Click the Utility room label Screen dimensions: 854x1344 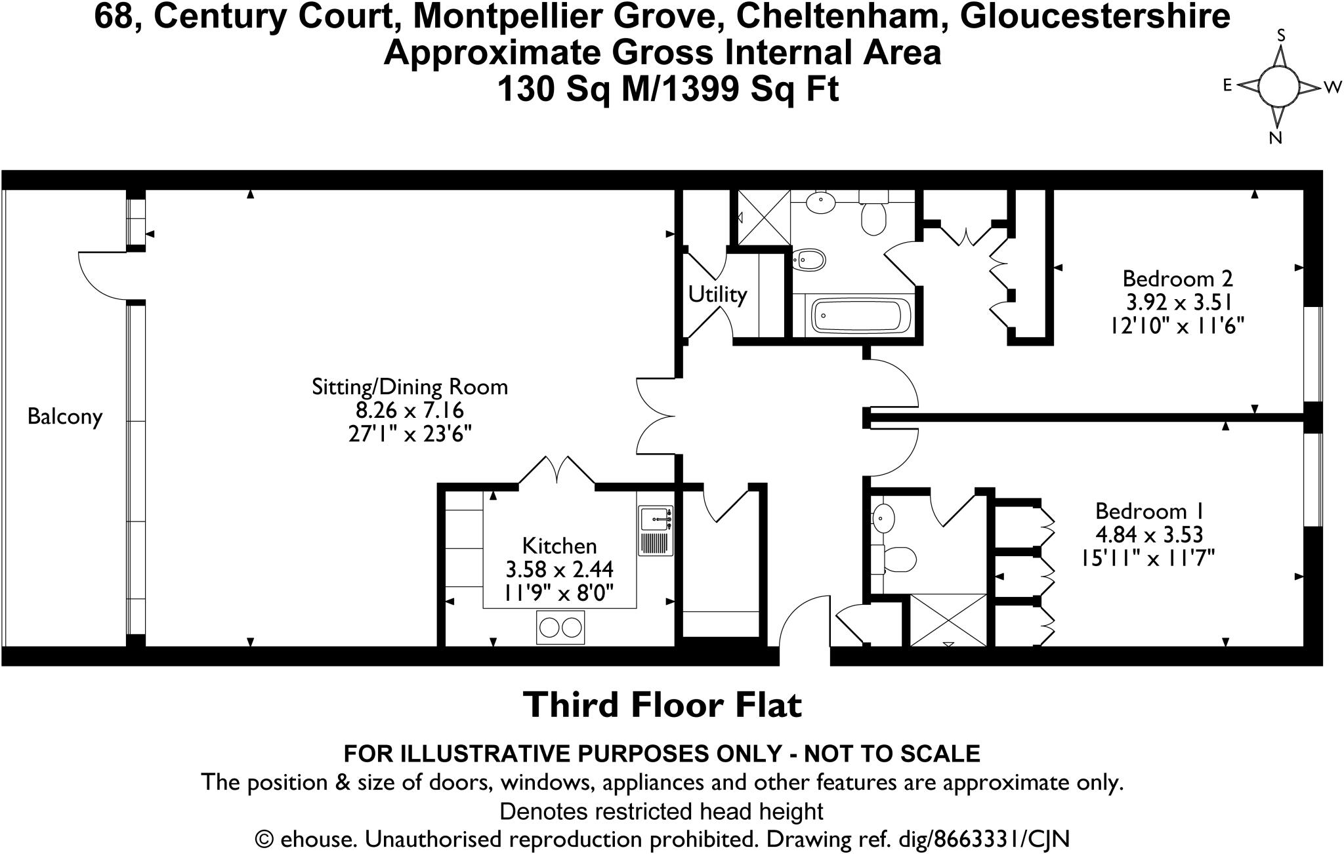click(717, 295)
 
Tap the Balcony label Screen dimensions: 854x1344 click(65, 417)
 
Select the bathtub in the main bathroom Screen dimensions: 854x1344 click(861, 316)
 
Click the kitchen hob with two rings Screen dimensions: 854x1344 click(560, 628)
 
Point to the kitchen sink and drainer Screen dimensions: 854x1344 click(655, 531)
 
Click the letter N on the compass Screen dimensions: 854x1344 click(1276, 138)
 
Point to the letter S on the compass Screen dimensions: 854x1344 click(1280, 35)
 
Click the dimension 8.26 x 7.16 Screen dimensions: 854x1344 click(409, 411)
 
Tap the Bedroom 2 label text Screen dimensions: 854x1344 click(1177, 279)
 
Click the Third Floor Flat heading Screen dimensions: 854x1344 click(662, 705)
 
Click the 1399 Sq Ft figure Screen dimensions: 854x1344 click(748, 89)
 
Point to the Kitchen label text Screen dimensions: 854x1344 click(559, 546)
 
